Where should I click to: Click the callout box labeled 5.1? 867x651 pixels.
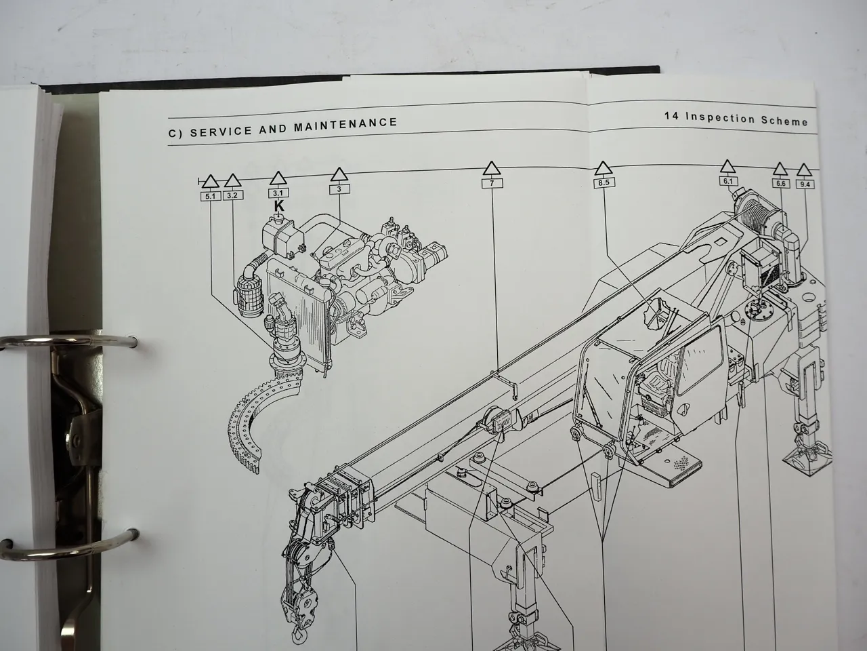pos(210,197)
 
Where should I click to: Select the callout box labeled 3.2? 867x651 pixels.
pos(233,196)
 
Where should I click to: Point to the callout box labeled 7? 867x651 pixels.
pos(492,183)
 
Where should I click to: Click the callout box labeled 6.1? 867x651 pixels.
pos(727,181)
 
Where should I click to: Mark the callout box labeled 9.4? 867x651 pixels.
pos(805,184)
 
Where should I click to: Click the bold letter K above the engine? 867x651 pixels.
pos(278,205)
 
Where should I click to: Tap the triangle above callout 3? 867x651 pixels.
pos(339,175)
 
